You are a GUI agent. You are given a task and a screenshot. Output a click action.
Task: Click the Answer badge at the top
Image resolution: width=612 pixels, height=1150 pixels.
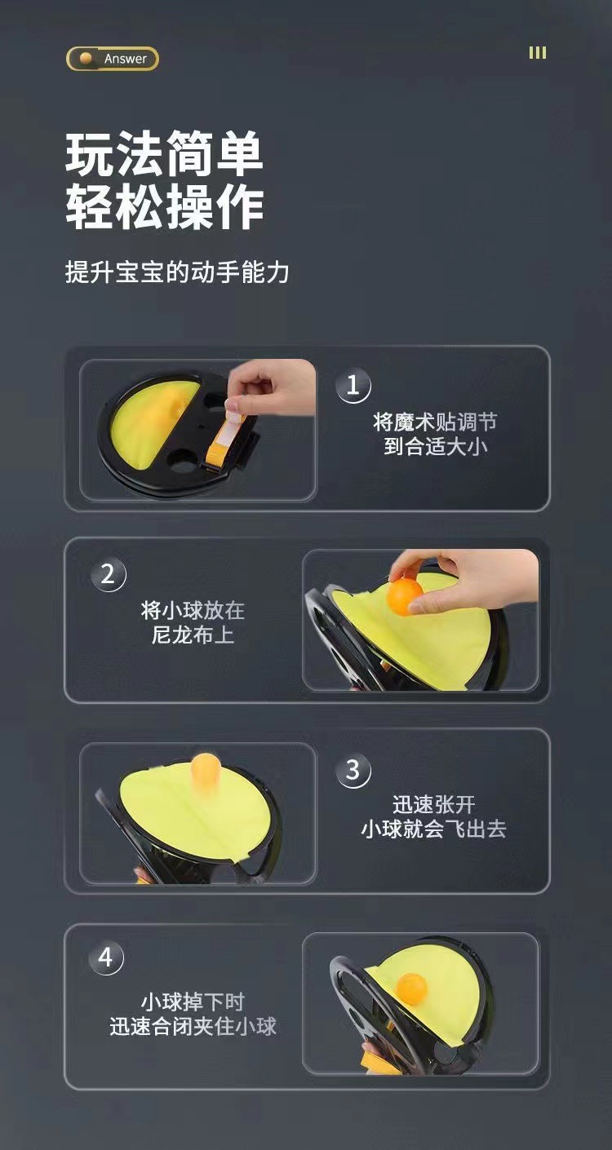(x=113, y=59)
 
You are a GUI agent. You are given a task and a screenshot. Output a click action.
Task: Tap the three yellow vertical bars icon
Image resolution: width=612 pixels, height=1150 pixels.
(x=537, y=53)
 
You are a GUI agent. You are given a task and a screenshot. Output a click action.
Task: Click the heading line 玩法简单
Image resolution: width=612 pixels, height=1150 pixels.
(x=165, y=154)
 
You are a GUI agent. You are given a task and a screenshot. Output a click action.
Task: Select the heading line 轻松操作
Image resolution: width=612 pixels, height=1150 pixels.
(x=165, y=207)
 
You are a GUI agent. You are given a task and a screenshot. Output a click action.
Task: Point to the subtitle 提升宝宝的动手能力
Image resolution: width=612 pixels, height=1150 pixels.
(x=177, y=272)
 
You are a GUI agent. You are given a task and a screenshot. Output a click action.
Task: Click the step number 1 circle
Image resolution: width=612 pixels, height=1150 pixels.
(x=353, y=385)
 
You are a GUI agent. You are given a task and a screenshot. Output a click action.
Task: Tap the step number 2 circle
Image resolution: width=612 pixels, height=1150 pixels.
(x=108, y=574)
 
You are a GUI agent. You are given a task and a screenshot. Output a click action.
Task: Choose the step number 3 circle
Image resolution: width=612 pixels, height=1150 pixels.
(x=353, y=770)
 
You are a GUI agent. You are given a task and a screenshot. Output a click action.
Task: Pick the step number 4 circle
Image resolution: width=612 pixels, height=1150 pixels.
(x=106, y=958)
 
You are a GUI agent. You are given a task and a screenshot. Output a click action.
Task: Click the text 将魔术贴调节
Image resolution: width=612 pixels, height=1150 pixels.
(x=434, y=422)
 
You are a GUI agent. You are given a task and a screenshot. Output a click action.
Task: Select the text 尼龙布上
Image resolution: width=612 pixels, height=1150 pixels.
(x=193, y=635)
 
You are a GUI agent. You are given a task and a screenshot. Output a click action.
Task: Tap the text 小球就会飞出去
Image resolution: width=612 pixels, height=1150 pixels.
(x=433, y=829)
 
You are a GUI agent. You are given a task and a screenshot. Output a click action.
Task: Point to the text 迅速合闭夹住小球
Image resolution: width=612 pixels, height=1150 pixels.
(x=193, y=1026)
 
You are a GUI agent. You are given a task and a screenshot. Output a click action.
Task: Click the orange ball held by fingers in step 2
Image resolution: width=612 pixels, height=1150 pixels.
(x=405, y=596)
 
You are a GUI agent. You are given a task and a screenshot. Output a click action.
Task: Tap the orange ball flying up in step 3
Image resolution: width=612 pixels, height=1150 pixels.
(x=206, y=769)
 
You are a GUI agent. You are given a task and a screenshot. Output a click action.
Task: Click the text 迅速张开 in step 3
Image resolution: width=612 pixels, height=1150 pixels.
(x=433, y=806)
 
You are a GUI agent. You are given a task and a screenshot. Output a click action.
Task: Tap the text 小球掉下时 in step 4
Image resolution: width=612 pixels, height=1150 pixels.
(x=193, y=1002)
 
